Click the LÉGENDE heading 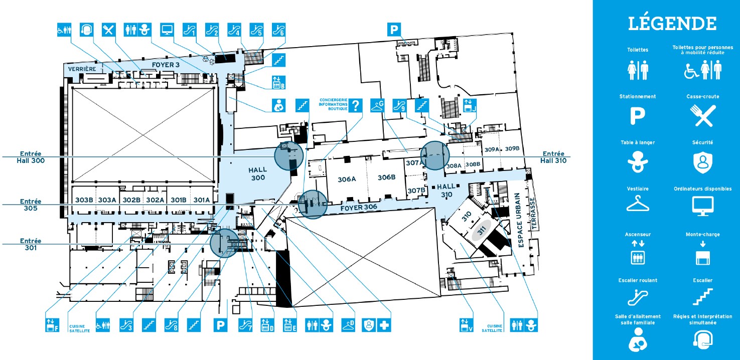(x=672, y=23)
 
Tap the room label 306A (x=347, y=179)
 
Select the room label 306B (x=386, y=177)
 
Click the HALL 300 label (x=258, y=173)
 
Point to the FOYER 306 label (x=359, y=208)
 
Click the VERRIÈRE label (x=82, y=69)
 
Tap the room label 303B (x=84, y=200)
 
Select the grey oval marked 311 (x=482, y=230)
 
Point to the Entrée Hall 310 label (x=553, y=157)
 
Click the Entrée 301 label (x=31, y=244)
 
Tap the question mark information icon (x=356, y=105)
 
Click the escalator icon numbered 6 (x=278, y=30)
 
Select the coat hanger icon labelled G (x=377, y=105)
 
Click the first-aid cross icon (x=384, y=325)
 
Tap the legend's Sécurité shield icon (x=703, y=162)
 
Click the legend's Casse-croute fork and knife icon (x=703, y=116)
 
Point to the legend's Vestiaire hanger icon (x=638, y=203)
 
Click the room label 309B (x=512, y=148)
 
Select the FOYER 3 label (x=166, y=65)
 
